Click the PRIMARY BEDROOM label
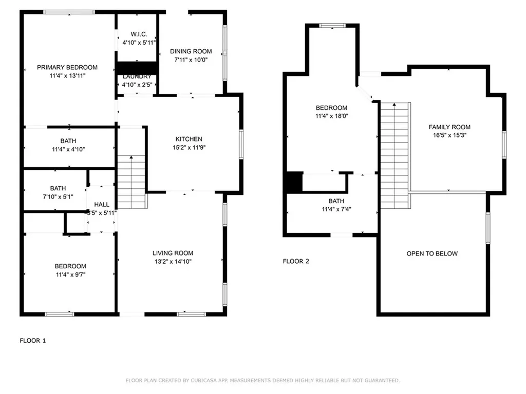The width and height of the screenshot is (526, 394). pos(67,67)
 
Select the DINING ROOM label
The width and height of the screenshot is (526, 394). pos(191,51)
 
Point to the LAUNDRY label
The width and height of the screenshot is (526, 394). pos(137,76)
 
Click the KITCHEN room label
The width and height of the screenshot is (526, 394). pos(189,139)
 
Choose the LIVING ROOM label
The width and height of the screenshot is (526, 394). pos(173,253)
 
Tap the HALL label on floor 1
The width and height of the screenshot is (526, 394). pos(101,204)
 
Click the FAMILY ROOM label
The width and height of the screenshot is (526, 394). pos(449,127)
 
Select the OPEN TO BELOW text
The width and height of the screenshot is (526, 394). pos(432,253)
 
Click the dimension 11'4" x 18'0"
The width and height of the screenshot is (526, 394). pos(331,116)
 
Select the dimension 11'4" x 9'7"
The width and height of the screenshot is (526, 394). pos(70,274)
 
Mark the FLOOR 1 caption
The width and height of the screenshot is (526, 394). pos(33,340)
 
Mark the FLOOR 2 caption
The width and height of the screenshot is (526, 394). pos(296,261)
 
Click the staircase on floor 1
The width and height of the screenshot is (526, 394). pos(131,182)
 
